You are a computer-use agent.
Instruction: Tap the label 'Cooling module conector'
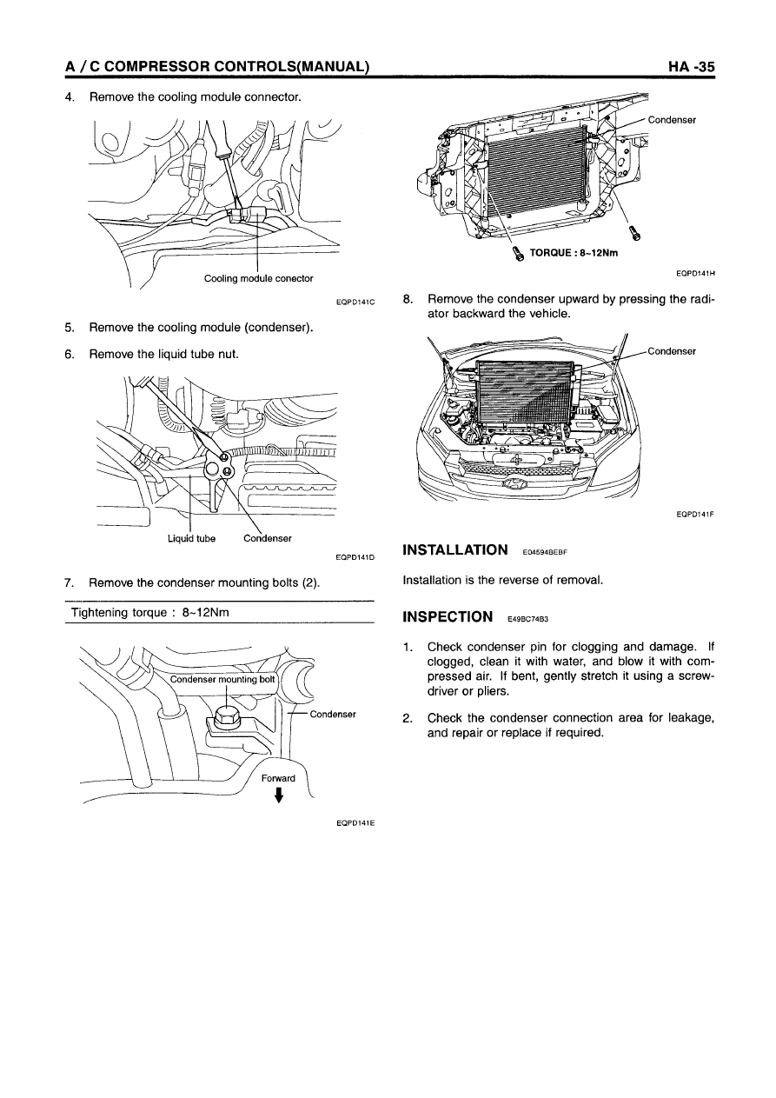coord(258,278)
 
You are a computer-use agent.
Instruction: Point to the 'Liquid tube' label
coord(191,538)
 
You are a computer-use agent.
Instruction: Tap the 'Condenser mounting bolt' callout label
coord(222,679)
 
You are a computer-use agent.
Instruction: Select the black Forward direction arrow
coord(278,795)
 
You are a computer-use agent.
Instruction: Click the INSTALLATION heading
coord(456,550)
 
